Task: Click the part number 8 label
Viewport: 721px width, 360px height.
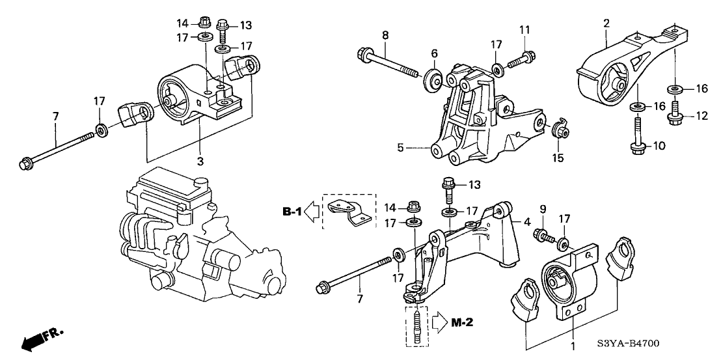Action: click(385, 34)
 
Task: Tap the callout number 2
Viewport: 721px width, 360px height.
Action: click(606, 24)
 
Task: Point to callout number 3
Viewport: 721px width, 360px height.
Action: click(200, 161)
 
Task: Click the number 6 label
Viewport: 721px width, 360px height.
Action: click(434, 53)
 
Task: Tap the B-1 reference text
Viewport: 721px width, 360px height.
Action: click(292, 211)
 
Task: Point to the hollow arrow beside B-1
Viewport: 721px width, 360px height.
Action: click(312, 211)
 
